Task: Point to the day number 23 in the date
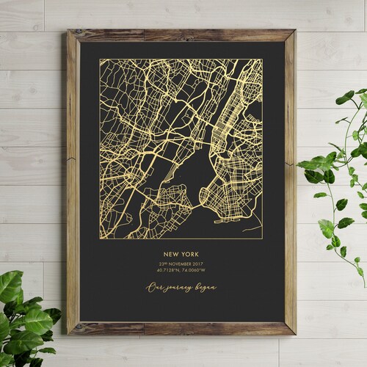coord(160,264)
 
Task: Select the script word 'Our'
coord(154,287)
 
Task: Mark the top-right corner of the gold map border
coord(262,59)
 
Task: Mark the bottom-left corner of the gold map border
coord(101,239)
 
